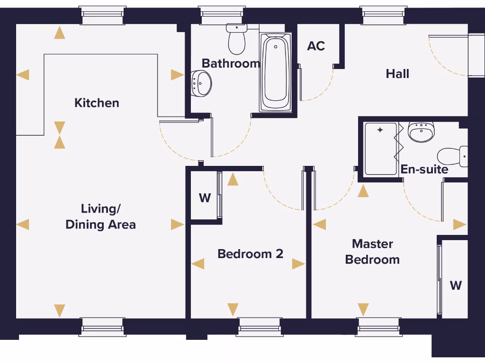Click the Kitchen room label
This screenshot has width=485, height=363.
(x=97, y=103)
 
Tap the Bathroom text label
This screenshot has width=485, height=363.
(x=231, y=63)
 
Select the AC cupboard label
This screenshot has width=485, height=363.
(x=316, y=46)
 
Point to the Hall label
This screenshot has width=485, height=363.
(x=397, y=74)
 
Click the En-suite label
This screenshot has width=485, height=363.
(x=424, y=169)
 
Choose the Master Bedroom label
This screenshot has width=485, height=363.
(x=372, y=251)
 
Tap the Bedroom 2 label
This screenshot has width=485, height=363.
(x=250, y=254)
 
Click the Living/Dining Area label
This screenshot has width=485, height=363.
(x=100, y=216)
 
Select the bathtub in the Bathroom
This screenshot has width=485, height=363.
(x=275, y=73)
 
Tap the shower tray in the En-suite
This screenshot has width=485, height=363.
(x=380, y=149)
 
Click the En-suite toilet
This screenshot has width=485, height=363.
(x=452, y=156)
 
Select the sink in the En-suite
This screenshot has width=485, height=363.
(x=421, y=132)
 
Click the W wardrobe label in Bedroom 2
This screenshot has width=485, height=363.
(x=205, y=198)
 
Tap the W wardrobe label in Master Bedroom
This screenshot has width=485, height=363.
(x=456, y=285)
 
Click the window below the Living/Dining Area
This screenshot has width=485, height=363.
(x=103, y=327)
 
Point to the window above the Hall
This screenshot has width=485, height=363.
(x=384, y=16)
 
